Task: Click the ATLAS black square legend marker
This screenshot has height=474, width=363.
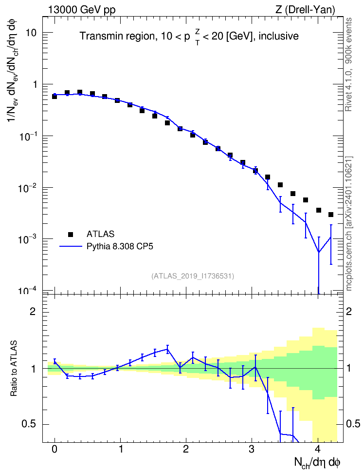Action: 71,234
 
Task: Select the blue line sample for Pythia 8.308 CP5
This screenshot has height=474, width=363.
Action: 71,246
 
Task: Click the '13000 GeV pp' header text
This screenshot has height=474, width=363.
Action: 81,10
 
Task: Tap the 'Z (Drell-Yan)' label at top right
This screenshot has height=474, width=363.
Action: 305,10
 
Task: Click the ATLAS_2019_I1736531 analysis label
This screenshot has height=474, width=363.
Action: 193,276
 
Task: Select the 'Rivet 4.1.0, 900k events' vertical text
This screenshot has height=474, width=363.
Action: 348,64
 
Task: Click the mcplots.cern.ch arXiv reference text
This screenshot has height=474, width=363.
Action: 348,223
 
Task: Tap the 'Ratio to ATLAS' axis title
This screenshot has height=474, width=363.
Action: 14,369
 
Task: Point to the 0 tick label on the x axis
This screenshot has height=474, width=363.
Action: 54,449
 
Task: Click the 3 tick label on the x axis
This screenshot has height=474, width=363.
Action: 252,449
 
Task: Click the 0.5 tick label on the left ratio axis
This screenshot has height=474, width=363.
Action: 29,424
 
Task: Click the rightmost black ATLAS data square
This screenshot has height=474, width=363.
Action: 331,215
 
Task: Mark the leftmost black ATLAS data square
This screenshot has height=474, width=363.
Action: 54,97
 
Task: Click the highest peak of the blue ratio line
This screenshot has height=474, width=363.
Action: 167,349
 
